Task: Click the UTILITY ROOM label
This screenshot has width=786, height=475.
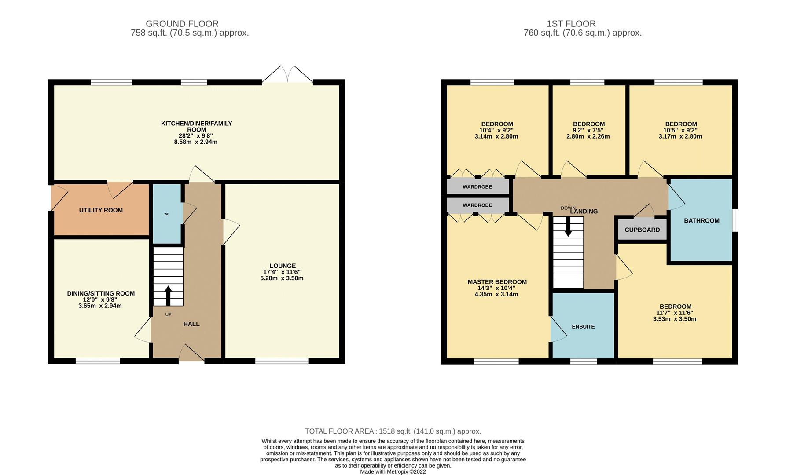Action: (101, 210)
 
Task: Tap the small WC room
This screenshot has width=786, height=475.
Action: (167, 214)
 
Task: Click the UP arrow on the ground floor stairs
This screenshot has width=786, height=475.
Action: (168, 295)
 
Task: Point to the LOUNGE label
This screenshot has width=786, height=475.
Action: (282, 266)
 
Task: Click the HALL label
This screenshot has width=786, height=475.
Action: (191, 324)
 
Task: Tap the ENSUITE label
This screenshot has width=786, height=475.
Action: (583, 327)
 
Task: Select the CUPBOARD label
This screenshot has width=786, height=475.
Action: (642, 230)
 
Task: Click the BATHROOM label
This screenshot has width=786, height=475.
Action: (702, 220)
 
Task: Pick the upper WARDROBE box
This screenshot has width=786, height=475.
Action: (477, 187)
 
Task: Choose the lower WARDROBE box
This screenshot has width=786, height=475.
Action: (477, 205)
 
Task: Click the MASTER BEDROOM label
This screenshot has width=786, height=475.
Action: (497, 282)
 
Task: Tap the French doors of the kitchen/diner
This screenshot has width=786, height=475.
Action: (287, 75)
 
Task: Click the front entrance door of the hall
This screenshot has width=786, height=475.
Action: (191, 354)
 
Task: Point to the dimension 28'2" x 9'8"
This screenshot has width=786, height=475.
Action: (196, 136)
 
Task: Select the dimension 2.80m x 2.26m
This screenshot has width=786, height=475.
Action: (588, 136)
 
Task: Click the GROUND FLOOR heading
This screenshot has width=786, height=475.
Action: (182, 24)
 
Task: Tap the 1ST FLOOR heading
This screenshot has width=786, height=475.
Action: (571, 24)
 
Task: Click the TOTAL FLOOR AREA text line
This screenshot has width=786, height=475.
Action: (393, 431)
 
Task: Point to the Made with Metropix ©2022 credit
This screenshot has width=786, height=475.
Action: (393, 471)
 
